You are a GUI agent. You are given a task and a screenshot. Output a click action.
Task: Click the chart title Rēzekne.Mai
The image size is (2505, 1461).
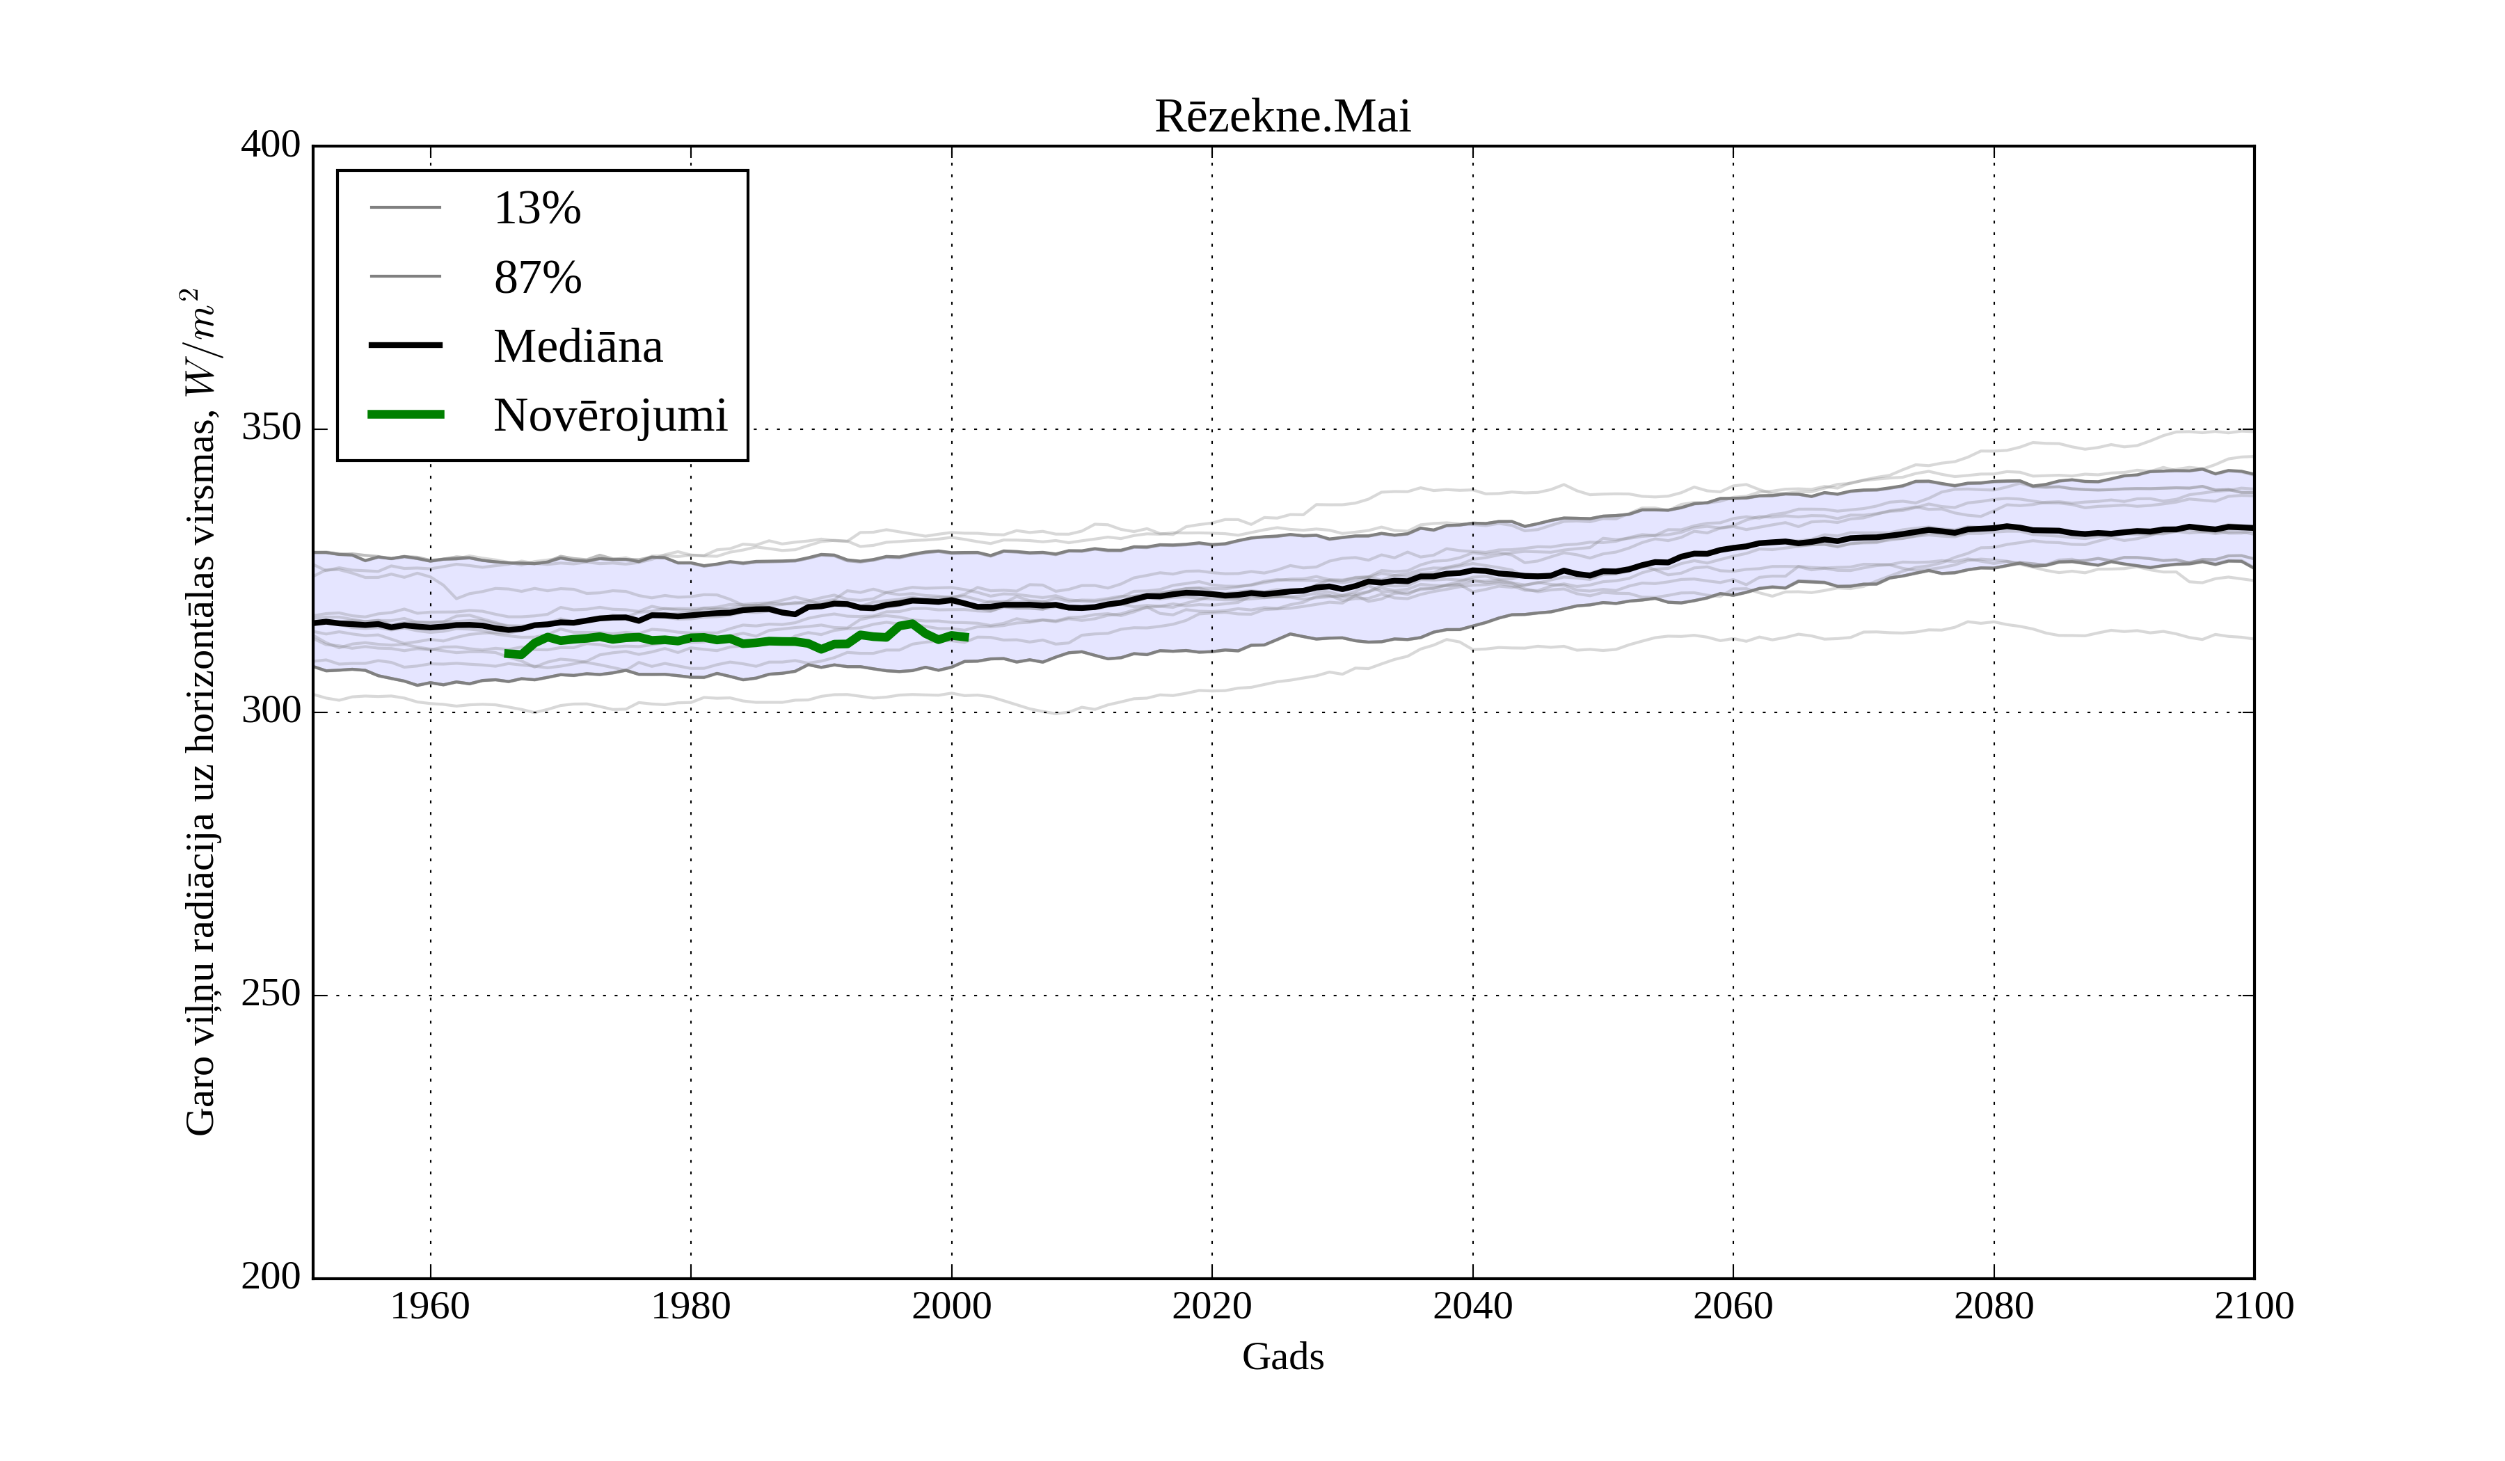point(1282,118)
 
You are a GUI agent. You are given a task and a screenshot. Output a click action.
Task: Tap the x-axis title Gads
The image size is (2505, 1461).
point(1282,1357)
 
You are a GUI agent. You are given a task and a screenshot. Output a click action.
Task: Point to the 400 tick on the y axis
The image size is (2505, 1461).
point(271,145)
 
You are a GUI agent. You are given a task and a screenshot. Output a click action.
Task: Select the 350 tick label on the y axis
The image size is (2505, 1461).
point(271,429)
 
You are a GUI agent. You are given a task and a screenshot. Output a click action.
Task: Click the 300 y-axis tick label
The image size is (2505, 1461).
point(271,712)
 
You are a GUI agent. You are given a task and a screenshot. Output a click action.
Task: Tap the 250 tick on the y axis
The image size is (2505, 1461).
point(271,994)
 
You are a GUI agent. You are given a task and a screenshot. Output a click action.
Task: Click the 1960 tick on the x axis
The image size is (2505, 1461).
point(431,1306)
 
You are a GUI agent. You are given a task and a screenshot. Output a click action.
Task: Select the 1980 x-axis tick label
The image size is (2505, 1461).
point(691,1306)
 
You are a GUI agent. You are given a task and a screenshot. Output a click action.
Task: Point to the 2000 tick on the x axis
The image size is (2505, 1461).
point(951,1306)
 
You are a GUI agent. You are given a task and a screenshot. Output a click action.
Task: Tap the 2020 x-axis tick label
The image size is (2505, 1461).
point(1211,1306)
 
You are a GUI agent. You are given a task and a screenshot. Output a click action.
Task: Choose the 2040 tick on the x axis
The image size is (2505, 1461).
point(1472,1306)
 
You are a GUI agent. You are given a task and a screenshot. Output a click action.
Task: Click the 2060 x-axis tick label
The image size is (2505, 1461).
point(1733,1306)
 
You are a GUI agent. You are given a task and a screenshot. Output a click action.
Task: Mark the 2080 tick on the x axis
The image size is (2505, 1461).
point(1993,1306)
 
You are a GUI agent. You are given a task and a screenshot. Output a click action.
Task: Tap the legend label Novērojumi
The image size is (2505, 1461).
point(610,415)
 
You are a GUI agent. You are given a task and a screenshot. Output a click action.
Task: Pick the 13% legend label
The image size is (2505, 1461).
point(536,209)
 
